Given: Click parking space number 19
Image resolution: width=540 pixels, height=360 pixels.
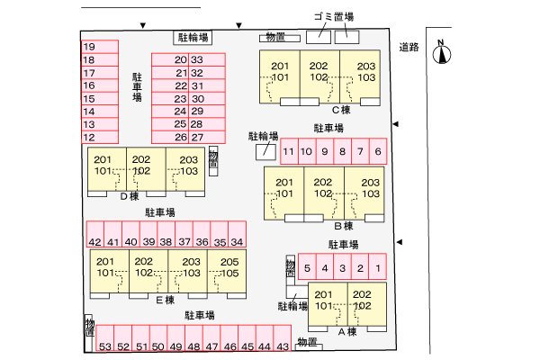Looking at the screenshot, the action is pyautogui.click(x=100, y=47).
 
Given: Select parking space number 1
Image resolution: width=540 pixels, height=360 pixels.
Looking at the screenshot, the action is pyautogui.click(x=377, y=266).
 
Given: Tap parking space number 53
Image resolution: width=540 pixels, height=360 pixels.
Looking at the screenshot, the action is pyautogui.click(x=105, y=338).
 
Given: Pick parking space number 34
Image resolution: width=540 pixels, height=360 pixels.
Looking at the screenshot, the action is pyautogui.click(x=238, y=234).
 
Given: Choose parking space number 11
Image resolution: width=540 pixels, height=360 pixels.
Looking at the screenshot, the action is pyautogui.click(x=289, y=151).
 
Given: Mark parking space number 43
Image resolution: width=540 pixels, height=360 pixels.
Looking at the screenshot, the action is pyautogui.click(x=283, y=338).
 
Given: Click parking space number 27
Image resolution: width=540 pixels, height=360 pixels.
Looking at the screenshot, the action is pyautogui.click(x=207, y=137).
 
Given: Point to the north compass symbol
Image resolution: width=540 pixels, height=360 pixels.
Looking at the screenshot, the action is pyautogui.click(x=442, y=53).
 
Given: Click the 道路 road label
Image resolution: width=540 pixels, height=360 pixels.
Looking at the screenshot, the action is pyautogui.click(x=409, y=47).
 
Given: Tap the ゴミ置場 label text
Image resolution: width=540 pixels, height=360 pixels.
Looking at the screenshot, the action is pyautogui.click(x=334, y=16).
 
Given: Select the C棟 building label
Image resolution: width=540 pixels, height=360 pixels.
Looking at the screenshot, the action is pyautogui.click(x=341, y=110).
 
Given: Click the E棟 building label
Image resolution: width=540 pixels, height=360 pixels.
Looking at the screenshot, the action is pyautogui.click(x=166, y=300).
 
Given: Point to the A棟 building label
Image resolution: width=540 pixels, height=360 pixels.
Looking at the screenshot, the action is pyautogui.click(x=347, y=332).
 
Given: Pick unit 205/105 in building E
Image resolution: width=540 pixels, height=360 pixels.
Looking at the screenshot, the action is pyautogui.click(x=227, y=271).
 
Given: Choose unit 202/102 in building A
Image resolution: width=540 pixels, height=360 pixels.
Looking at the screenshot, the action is pyautogui.click(x=367, y=304).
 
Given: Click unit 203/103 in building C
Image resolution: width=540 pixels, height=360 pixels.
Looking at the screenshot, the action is pyautogui.click(x=360, y=76).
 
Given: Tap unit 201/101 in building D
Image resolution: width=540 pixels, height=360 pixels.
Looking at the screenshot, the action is pyautogui.click(x=107, y=169).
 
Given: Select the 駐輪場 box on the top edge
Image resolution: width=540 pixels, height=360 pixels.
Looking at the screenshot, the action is pyautogui.click(x=193, y=38).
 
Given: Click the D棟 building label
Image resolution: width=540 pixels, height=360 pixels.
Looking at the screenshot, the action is pyautogui.click(x=130, y=196).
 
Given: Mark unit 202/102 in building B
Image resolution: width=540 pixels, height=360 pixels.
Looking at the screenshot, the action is pyautogui.click(x=324, y=193).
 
